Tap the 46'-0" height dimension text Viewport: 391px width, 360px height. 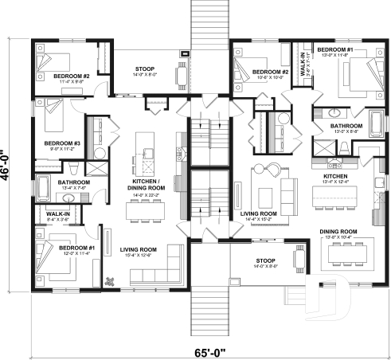pos(7,166)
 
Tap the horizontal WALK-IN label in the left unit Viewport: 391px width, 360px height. pos(57,213)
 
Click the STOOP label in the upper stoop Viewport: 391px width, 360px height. pos(145,68)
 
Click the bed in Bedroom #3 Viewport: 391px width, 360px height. pos(52,118)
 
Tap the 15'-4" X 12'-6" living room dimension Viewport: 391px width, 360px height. pos(138,255)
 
